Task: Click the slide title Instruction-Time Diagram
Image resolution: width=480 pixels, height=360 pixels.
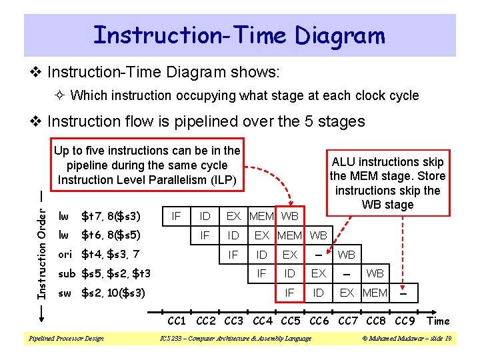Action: [239, 35]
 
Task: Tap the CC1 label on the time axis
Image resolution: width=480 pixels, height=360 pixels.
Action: [177, 321]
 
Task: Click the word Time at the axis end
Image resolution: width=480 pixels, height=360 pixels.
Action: [438, 321]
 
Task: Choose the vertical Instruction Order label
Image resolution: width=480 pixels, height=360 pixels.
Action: [41, 247]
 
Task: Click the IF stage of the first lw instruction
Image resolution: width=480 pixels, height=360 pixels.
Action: [177, 216]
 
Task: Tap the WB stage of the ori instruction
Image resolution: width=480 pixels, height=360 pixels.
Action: [347, 255]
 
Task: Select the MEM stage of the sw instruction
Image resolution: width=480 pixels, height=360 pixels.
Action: [375, 293]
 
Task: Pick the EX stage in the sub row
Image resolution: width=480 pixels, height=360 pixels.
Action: [319, 274]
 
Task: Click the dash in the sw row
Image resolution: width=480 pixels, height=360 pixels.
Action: [403, 292]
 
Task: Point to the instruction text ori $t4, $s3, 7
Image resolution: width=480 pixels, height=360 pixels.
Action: [99, 254]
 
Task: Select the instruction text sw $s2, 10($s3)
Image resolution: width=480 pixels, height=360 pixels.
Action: [102, 293]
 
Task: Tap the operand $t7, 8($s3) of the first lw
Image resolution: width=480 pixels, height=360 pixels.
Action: [111, 216]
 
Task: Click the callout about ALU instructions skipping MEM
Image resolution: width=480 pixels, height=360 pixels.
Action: [387, 183]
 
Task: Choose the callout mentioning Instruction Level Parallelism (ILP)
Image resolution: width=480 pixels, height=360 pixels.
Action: [148, 165]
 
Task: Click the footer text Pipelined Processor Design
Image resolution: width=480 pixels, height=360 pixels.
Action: [65, 339]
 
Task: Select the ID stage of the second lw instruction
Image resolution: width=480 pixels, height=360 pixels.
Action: [233, 235]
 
